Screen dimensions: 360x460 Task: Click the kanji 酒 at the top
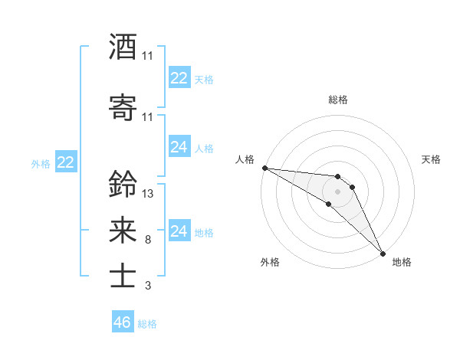(x=123, y=47)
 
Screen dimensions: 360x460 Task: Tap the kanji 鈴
(x=123, y=184)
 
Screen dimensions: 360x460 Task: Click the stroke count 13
(x=148, y=193)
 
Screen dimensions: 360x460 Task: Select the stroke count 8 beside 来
(x=148, y=240)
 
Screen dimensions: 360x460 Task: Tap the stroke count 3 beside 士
(x=148, y=286)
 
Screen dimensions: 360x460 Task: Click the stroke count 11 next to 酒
(x=148, y=56)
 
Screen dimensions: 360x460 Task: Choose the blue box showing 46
(x=123, y=322)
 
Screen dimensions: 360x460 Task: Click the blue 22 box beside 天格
(x=179, y=78)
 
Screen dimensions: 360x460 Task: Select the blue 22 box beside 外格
(x=66, y=162)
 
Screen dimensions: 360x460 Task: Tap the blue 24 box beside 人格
(x=179, y=147)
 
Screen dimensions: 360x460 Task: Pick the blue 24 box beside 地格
(x=179, y=231)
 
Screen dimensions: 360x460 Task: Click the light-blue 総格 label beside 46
(x=147, y=324)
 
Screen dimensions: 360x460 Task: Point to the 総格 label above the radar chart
(x=338, y=100)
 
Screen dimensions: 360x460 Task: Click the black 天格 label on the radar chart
(x=431, y=159)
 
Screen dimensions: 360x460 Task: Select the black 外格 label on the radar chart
(x=269, y=262)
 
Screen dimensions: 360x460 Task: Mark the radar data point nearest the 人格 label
(x=264, y=168)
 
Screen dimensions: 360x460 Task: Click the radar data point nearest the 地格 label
(x=383, y=253)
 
